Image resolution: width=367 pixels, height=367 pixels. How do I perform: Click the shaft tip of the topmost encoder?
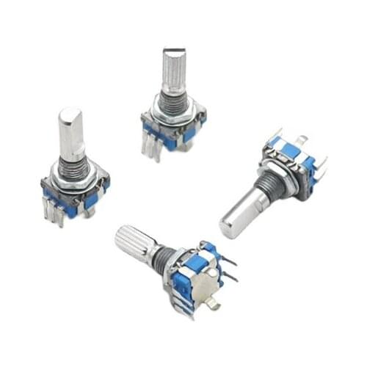pos(173,55)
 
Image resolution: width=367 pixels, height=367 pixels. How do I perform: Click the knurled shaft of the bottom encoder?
pos(134,241)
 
